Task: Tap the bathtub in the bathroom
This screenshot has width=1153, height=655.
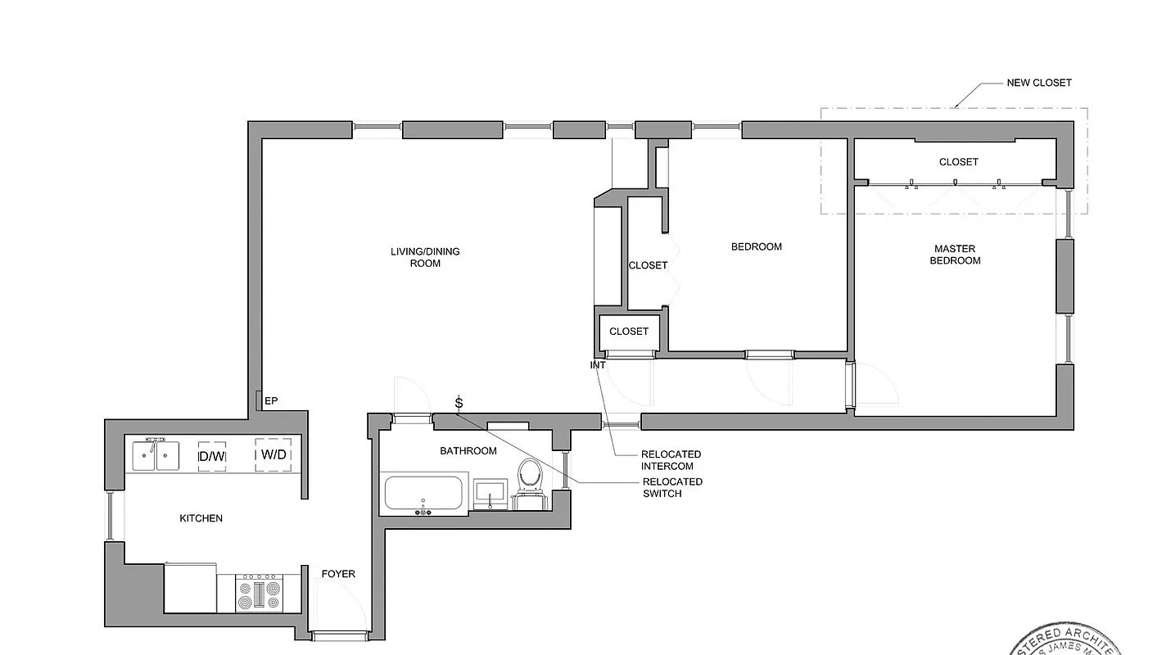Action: click(423, 494)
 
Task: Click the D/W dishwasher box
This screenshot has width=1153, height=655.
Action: click(212, 456)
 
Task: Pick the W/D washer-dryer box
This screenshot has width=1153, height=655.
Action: click(274, 454)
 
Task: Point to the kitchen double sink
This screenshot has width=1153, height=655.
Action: click(156, 455)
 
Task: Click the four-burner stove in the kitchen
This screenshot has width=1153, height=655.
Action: click(258, 593)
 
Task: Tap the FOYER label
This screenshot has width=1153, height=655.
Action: click(338, 574)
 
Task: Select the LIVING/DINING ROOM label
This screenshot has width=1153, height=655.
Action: click(425, 257)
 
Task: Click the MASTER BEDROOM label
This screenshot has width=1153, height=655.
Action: click(956, 255)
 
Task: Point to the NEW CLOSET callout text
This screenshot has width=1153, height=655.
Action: click(1038, 83)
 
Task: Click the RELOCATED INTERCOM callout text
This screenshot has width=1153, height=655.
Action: click(671, 460)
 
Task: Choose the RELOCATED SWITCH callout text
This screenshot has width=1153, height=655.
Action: click(672, 487)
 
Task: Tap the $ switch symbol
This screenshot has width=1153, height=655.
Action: click(459, 402)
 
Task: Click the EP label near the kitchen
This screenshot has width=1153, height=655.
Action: click(271, 400)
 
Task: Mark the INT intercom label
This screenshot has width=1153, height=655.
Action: click(598, 365)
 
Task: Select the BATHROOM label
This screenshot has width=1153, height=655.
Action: click(468, 451)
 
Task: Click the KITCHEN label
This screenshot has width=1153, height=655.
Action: click(201, 518)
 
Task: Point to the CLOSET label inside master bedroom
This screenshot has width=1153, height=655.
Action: click(958, 162)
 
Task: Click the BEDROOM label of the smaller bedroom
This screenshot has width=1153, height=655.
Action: click(756, 246)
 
